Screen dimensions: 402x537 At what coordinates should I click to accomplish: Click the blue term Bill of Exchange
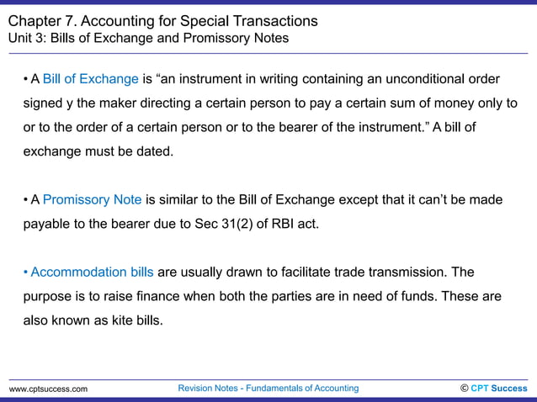coord(90,79)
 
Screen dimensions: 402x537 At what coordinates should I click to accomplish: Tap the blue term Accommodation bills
coord(92,272)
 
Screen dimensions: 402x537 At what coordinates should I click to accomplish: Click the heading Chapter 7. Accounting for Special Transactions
coord(163,20)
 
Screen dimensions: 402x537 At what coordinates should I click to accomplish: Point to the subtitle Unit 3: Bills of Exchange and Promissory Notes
coord(148,38)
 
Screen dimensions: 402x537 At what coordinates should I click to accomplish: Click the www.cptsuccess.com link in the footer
coord(48,389)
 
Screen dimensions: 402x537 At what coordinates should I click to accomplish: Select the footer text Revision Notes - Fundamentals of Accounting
coord(268,388)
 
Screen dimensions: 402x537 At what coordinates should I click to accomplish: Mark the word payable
coord(47,225)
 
